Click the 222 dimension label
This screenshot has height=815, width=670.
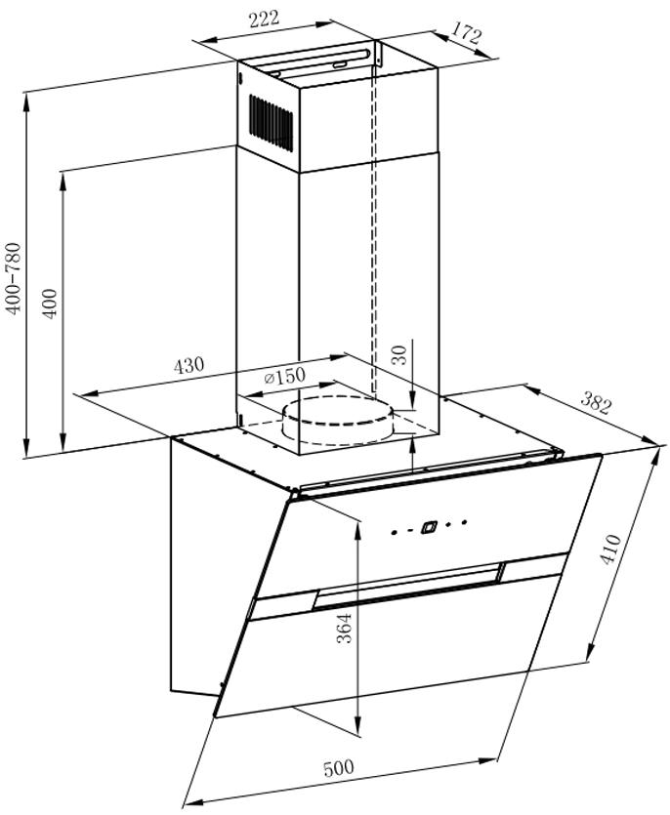point(265,19)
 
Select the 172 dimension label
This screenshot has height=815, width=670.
point(466,34)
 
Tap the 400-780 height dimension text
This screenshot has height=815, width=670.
point(13,278)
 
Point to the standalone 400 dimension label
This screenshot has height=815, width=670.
point(50,303)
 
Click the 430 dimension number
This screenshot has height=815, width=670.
point(188,365)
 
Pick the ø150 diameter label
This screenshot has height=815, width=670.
point(284,376)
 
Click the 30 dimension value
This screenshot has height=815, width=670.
point(399,355)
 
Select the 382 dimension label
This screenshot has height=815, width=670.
point(595,402)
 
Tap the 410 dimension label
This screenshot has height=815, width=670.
point(609,550)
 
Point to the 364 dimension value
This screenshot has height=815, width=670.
point(344,629)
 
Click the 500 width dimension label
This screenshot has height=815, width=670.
point(338,768)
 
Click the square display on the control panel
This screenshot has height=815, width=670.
point(428,527)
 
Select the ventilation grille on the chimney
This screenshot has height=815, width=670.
point(271,123)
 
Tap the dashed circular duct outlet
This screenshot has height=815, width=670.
point(338,420)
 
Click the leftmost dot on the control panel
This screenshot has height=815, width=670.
point(394,533)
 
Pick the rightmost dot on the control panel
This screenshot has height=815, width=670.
point(465,521)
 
